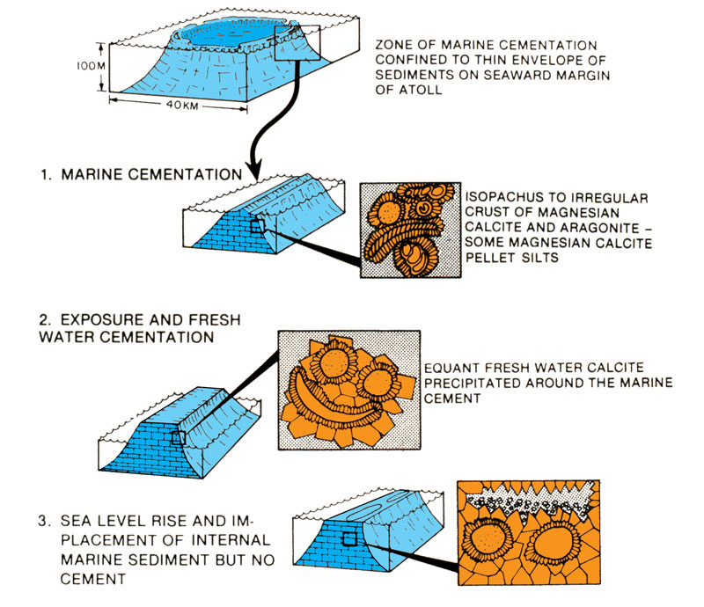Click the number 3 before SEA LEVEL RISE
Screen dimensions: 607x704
tap(42, 518)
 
